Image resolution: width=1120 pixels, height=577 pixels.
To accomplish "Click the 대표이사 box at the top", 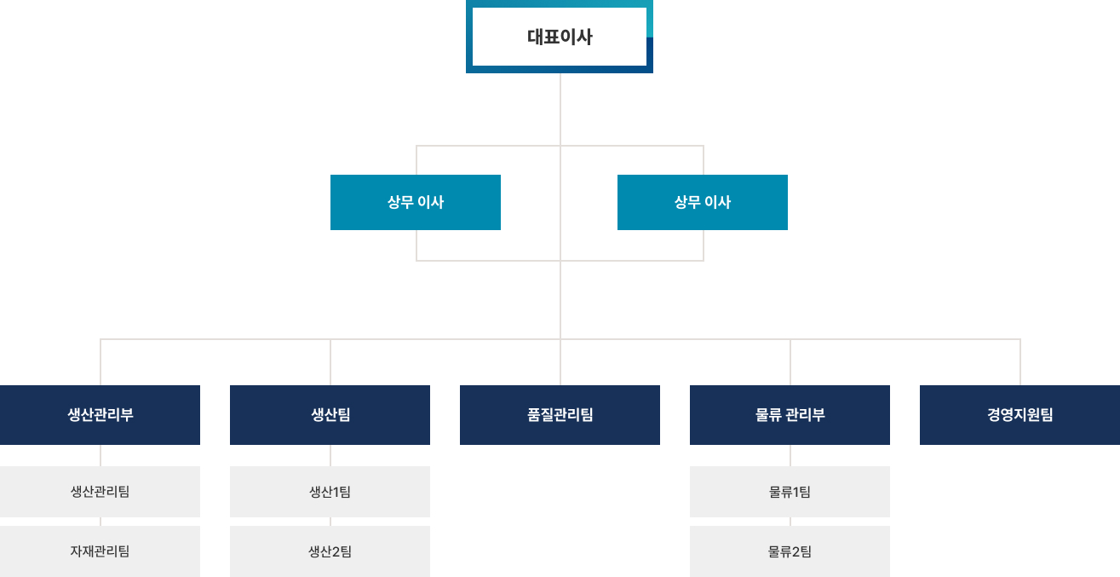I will [560, 37].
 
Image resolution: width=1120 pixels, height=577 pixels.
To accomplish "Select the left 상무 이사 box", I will [416, 202].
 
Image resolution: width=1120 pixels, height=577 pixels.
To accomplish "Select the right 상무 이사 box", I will [703, 202].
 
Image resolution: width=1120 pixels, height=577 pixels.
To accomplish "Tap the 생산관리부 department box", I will [100, 415].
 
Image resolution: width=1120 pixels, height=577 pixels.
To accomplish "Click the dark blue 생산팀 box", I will [330, 415].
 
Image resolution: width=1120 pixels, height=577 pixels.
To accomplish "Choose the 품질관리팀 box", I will [560, 415].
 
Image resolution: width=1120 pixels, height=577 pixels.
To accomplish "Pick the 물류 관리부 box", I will [790, 415].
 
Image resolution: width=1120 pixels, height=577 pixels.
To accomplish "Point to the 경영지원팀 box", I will [1019, 415].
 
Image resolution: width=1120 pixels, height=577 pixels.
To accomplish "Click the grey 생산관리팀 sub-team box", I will [100, 492].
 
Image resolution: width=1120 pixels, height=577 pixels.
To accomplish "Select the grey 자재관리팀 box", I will [100, 551].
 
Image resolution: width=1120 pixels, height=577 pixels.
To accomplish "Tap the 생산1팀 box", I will [330, 492].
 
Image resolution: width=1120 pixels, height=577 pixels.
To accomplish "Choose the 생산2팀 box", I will [330, 551].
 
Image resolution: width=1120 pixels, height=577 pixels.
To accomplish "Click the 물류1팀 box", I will [790, 492].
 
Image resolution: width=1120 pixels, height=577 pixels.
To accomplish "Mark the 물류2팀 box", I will [790, 551].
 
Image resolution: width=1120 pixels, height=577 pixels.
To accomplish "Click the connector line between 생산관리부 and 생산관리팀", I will [101, 455].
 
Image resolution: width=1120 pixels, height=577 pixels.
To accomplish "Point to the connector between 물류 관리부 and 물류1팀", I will [790, 455].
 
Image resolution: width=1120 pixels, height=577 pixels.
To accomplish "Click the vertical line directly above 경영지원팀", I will [1020, 362].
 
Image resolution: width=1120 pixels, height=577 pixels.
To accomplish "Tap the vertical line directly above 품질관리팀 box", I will [560, 362].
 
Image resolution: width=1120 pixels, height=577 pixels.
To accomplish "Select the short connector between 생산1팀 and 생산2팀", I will [330, 522].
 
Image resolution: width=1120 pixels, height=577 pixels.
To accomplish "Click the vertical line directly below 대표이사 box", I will [560, 109].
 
